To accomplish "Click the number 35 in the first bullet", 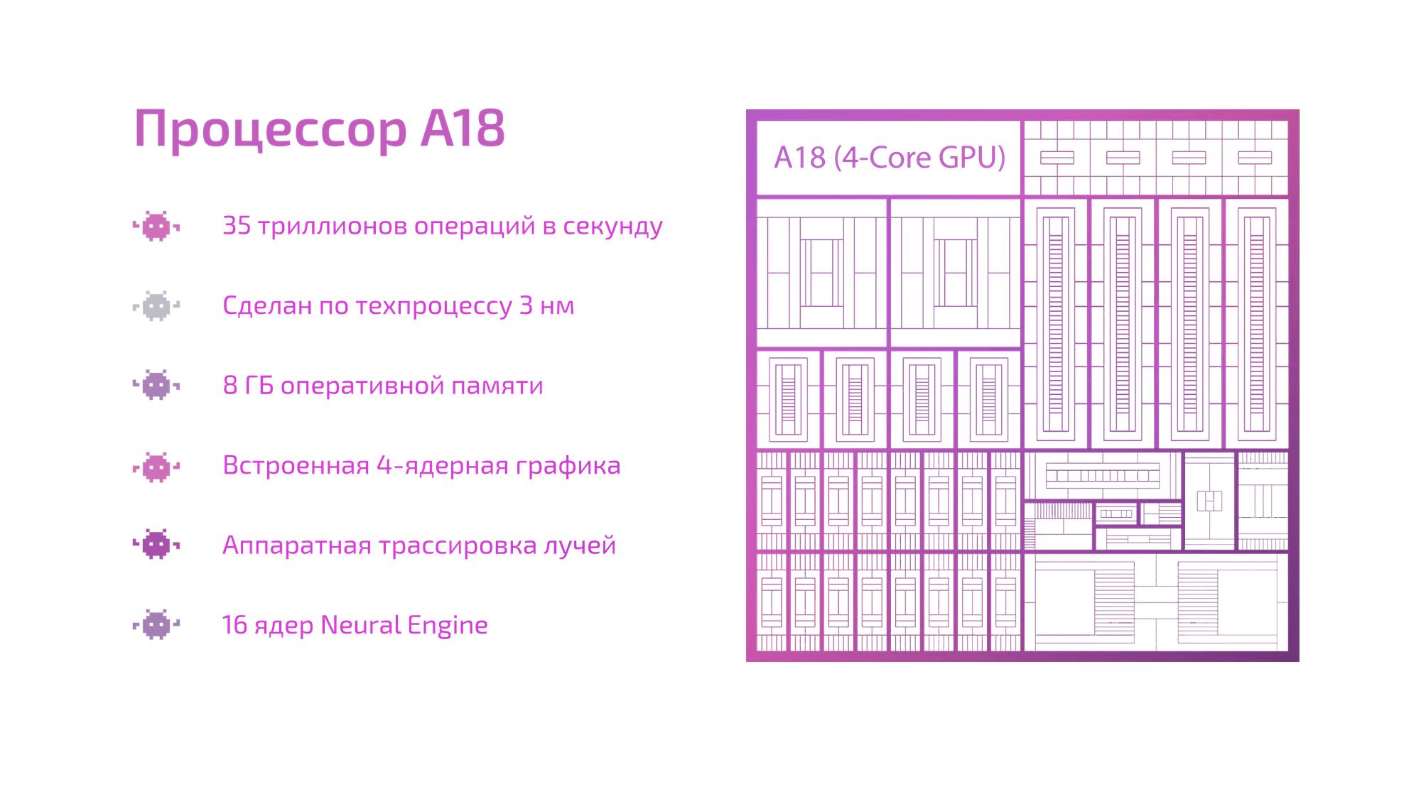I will (237, 226).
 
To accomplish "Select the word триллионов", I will (333, 227).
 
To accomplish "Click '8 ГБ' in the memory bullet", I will (248, 386).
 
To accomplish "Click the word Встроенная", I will (296, 465).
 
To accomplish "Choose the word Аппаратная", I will (296, 545).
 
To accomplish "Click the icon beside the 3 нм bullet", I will (156, 306).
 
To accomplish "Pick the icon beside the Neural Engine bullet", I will (156, 625).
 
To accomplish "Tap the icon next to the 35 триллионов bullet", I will (156, 227).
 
